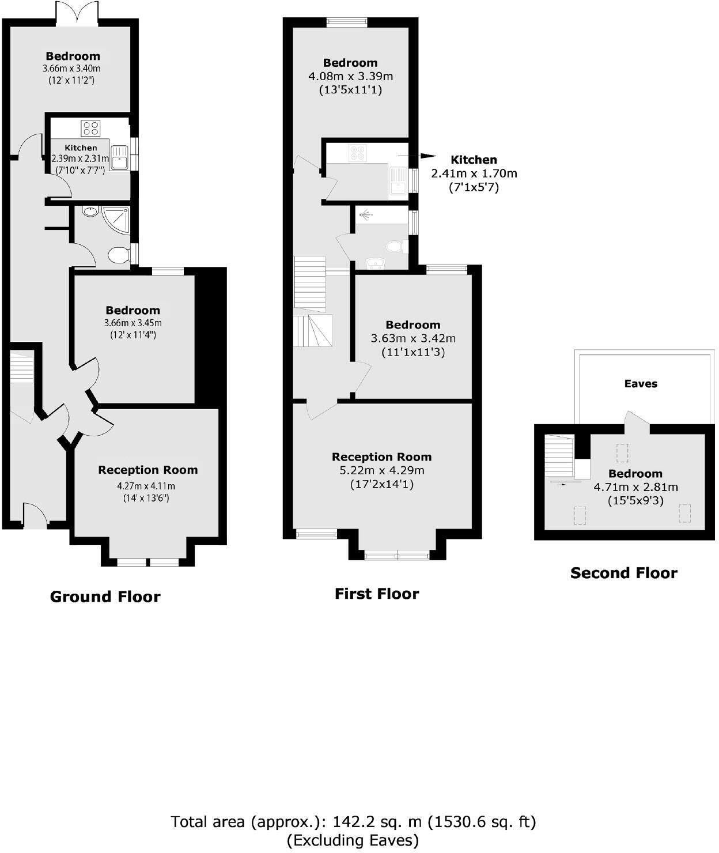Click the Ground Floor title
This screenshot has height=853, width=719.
pos(105,597)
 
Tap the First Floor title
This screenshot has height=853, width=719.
pos(377,594)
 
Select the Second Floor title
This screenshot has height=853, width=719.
pos(623,573)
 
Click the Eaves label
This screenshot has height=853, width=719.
pos(641,384)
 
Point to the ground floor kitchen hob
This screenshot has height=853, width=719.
pos(90,127)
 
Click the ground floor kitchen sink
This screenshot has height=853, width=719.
pos(120,157)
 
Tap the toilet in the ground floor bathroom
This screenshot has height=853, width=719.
pos(119,254)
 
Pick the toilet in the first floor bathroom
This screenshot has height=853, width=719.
pos(395,246)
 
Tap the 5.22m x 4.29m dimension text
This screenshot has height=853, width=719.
pos(382,471)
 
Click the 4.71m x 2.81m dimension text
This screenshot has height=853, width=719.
pos(635,487)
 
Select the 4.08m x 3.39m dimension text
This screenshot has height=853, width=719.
pos(350,76)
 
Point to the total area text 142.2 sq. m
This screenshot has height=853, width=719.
pos(353,821)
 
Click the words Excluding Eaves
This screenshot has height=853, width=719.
pos(353,840)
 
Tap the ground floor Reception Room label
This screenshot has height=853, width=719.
pos(148,470)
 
